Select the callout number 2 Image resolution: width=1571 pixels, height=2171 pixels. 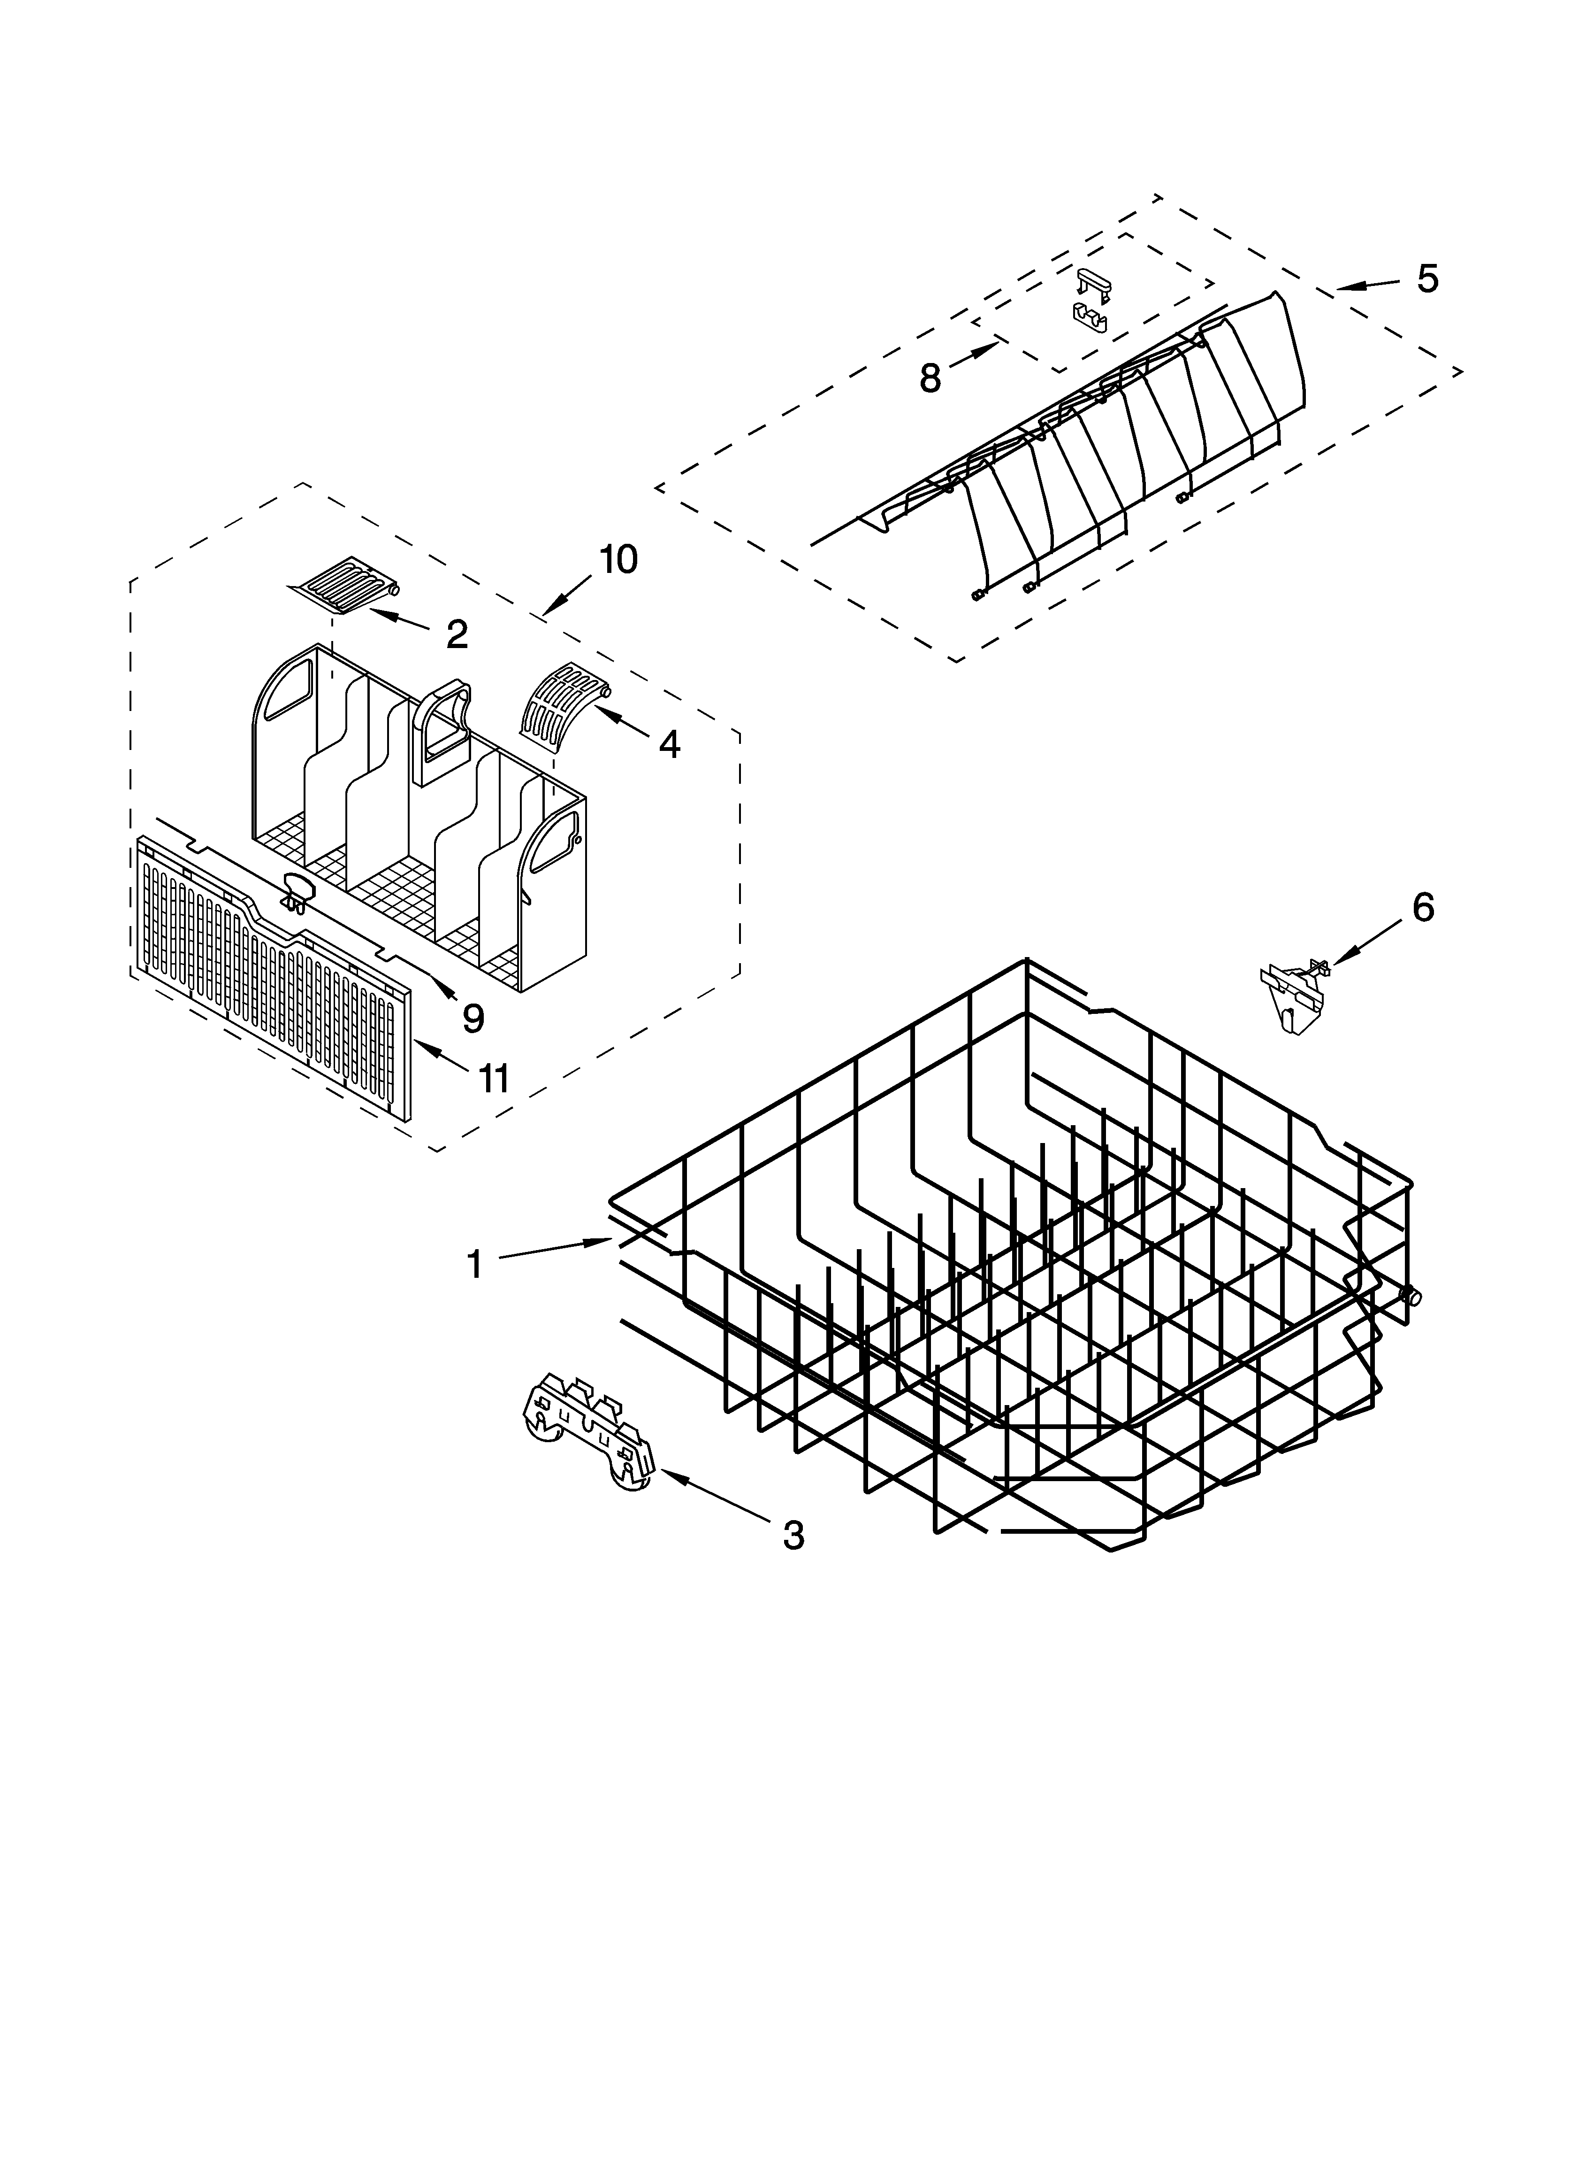[x=458, y=634]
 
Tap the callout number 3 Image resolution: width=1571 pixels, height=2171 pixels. [x=793, y=1536]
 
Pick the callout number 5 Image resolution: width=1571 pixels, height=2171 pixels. [x=1426, y=278]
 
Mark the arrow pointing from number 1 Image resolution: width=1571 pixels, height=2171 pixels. [x=555, y=1249]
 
